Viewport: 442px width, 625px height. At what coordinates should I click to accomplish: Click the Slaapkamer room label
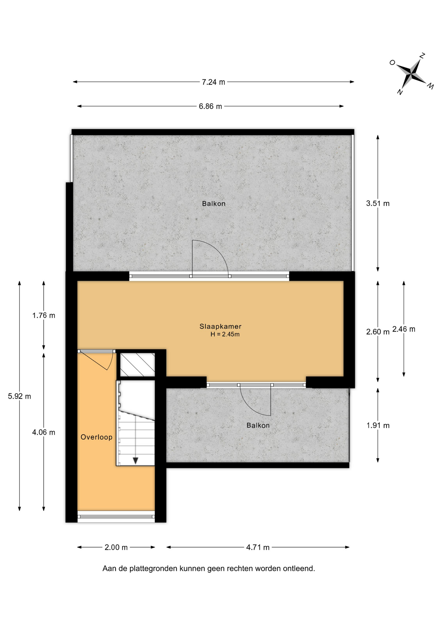[220, 326]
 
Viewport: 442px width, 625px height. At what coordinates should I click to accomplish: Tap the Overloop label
[96, 437]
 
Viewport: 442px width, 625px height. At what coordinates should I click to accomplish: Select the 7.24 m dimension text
[213, 82]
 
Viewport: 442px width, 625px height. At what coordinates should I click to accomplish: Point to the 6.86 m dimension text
[210, 106]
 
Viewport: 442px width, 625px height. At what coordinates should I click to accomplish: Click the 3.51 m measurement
[378, 203]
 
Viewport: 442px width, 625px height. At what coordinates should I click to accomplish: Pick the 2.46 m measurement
[404, 329]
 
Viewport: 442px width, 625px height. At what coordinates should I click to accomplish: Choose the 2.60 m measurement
[378, 332]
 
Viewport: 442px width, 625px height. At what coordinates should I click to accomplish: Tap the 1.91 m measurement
[378, 425]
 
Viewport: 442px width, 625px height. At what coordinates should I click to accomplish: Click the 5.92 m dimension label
[20, 396]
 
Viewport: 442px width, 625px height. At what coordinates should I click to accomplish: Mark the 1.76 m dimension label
[44, 315]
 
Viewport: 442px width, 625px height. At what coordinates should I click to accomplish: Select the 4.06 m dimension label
[44, 432]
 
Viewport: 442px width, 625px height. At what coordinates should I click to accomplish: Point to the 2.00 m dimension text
[116, 548]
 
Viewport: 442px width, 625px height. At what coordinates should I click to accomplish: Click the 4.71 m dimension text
[258, 548]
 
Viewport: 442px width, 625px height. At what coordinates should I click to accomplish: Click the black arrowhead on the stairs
[135, 461]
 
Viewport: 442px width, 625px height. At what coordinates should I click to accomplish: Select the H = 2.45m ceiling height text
[225, 334]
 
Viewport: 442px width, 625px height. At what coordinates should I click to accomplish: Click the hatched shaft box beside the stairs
[138, 365]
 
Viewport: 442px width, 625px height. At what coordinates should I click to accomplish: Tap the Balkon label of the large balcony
[214, 204]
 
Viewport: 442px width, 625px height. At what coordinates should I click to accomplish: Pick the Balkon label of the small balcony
[258, 425]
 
